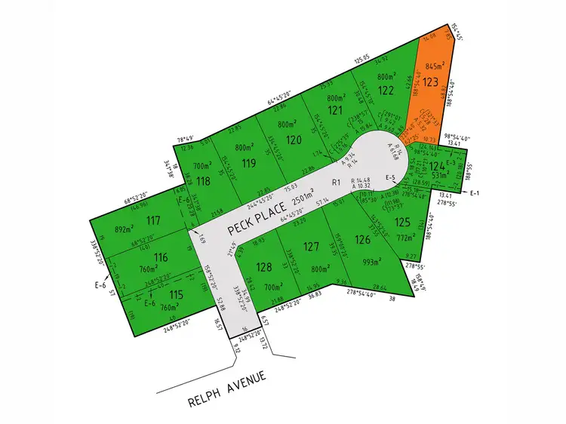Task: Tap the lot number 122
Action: [386, 90]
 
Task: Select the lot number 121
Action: [334, 110]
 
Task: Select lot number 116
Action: [160, 257]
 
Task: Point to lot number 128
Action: [263, 266]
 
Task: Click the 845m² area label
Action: [438, 66]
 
